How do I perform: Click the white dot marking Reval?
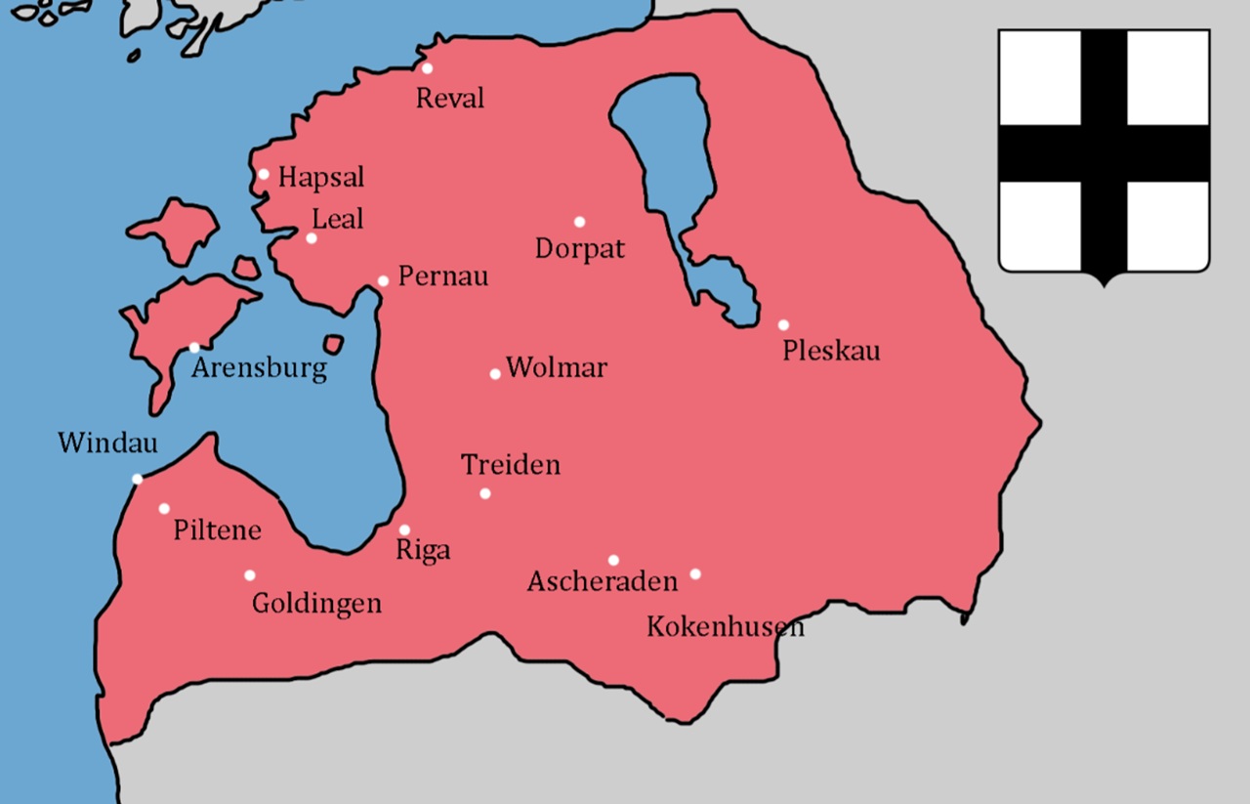tap(427, 68)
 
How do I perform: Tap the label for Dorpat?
tap(579, 248)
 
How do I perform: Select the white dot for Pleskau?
tap(783, 325)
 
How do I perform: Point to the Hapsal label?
tap(321, 178)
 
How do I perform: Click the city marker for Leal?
tap(312, 238)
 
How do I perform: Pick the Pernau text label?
tap(443, 277)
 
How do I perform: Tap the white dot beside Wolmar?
tap(495, 374)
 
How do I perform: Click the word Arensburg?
tap(259, 369)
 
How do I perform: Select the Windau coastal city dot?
tap(138, 479)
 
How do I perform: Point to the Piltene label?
tap(217, 530)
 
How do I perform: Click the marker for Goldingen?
tap(250, 575)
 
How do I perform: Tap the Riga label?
tap(423, 551)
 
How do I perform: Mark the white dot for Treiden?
tap(484, 493)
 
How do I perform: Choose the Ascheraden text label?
tap(602, 582)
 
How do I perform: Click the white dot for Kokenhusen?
tap(695, 574)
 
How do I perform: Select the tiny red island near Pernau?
tap(334, 345)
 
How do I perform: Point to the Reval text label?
tap(449, 99)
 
